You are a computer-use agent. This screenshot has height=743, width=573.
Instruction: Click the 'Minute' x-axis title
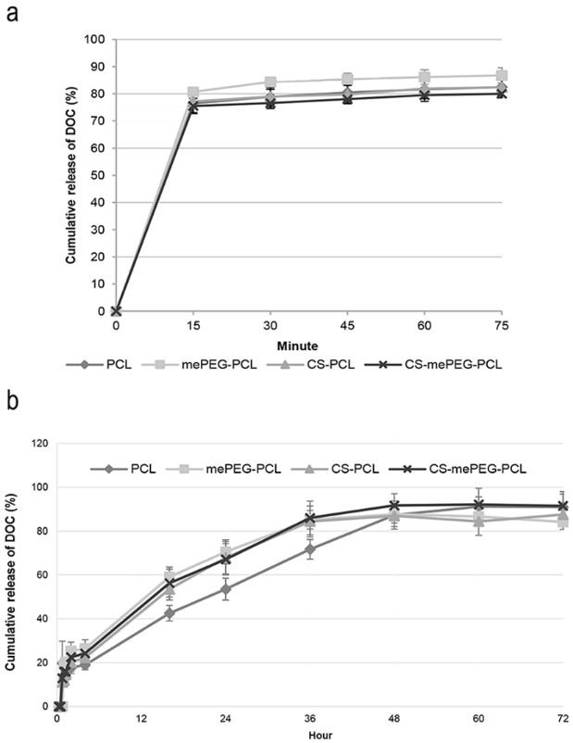point(308,343)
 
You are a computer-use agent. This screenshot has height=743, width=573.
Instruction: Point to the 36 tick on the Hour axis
point(310,719)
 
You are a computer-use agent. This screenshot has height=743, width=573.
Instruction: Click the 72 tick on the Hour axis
point(562,719)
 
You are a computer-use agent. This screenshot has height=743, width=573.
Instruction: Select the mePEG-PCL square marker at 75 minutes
point(501,76)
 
